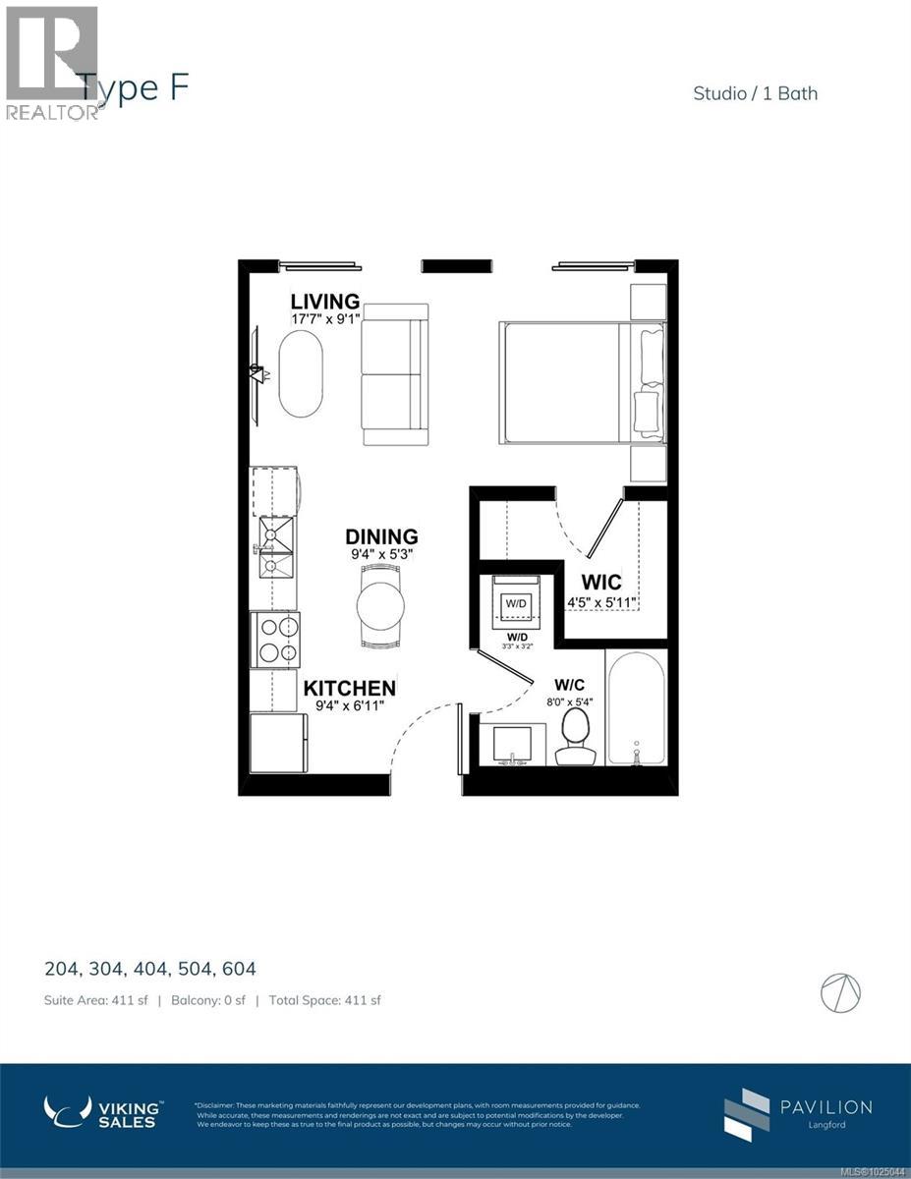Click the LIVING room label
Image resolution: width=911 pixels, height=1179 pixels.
coord(324,302)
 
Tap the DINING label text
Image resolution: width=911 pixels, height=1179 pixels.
coord(381,536)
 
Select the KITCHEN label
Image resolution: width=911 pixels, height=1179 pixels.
coord(349,688)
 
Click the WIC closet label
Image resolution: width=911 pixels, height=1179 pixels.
coord(600,583)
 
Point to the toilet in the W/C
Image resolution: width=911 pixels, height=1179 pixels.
coord(575,737)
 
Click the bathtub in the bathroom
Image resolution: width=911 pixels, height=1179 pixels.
coord(636,707)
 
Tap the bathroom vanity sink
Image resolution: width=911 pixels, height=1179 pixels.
coord(511,745)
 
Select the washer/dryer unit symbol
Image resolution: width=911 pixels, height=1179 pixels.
coord(516,602)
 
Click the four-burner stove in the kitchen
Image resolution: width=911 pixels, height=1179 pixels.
coord(276,640)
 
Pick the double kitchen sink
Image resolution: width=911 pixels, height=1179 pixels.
coord(276,548)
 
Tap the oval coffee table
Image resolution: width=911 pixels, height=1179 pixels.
coord(300,374)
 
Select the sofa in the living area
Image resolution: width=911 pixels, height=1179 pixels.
coord(394,374)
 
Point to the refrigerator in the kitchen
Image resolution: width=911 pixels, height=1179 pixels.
coord(278,743)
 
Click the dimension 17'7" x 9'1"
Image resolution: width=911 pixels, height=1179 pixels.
coord(324,319)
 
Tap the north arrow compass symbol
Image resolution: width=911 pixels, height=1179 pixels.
coord(840,992)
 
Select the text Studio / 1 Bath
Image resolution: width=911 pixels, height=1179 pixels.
coord(755,93)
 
